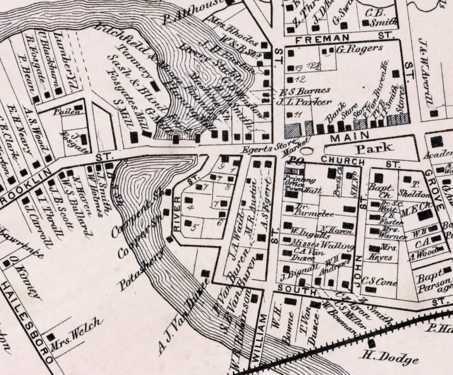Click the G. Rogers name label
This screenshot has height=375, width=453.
359,48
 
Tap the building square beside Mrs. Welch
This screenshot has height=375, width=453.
50,337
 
